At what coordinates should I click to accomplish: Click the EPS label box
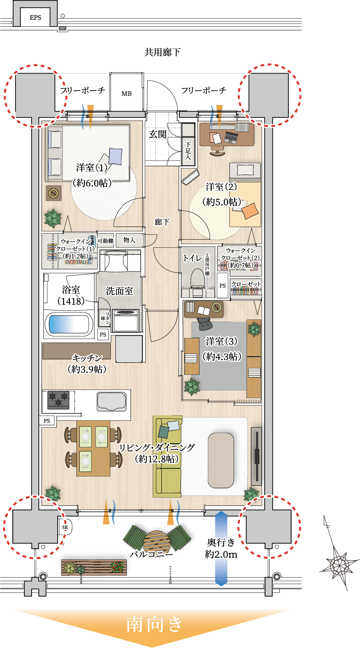[x=35, y=18]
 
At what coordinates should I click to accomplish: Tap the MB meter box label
[x=127, y=94]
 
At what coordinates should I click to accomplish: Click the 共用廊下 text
[x=162, y=52]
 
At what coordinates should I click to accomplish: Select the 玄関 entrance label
[x=158, y=134]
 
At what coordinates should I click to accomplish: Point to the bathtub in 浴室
[x=69, y=324]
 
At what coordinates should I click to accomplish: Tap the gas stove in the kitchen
[x=59, y=400]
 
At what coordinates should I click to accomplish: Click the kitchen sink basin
[x=111, y=402]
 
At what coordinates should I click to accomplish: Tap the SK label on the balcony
[x=65, y=527]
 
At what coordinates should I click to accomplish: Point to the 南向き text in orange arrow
[x=154, y=624]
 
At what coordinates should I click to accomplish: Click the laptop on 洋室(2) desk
[x=231, y=137]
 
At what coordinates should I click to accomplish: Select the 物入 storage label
[x=129, y=240]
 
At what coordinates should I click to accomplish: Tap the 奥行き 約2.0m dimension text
[x=221, y=548]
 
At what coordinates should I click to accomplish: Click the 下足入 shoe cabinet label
[x=188, y=150]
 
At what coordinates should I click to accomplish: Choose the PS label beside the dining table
[x=47, y=421]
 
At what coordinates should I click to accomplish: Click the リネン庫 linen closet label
[x=105, y=318]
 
